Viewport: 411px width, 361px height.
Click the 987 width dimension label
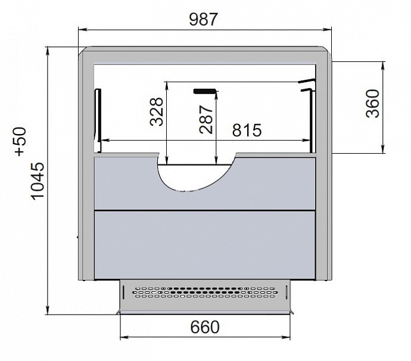pyautogui.click(x=203, y=19)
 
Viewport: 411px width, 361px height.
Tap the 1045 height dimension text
pyautogui.click(x=38, y=181)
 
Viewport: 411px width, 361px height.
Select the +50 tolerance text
pyautogui.click(x=20, y=142)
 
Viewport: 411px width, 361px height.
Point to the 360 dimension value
pyautogui.click(x=372, y=104)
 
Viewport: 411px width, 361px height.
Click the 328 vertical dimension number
pyautogui.click(x=157, y=111)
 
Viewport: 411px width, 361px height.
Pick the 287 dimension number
pyautogui.click(x=205, y=120)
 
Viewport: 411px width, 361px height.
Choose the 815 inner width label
pyautogui.click(x=247, y=130)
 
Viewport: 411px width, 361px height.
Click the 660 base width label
pyautogui.click(x=205, y=327)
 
